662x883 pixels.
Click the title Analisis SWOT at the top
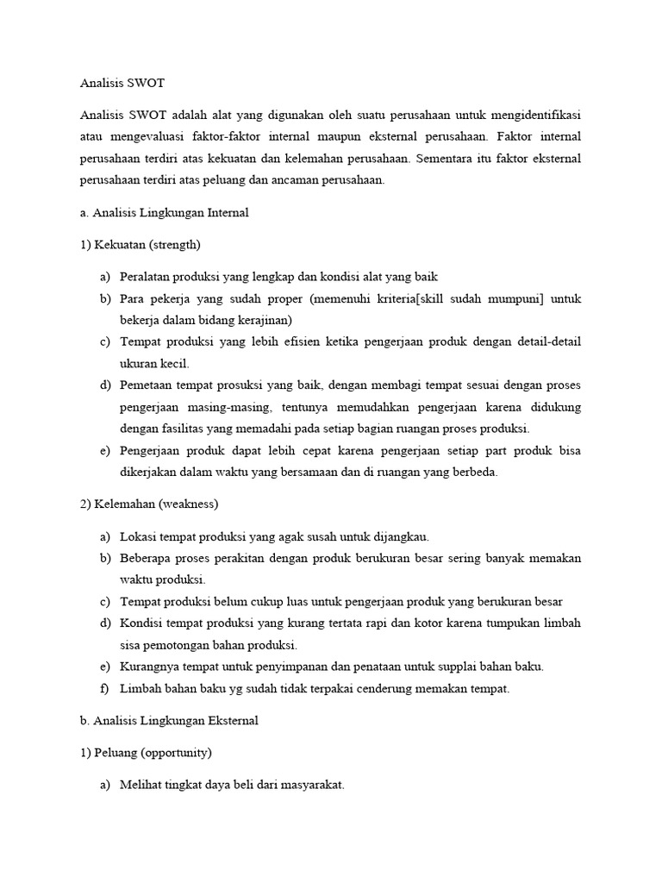coord(122,84)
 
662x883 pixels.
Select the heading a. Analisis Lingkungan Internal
coord(164,213)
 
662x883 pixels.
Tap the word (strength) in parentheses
coord(174,245)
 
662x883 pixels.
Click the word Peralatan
coord(147,277)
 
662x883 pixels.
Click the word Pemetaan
coord(147,385)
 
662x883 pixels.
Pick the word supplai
coord(449,667)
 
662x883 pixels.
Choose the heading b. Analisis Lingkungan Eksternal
coord(169,720)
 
